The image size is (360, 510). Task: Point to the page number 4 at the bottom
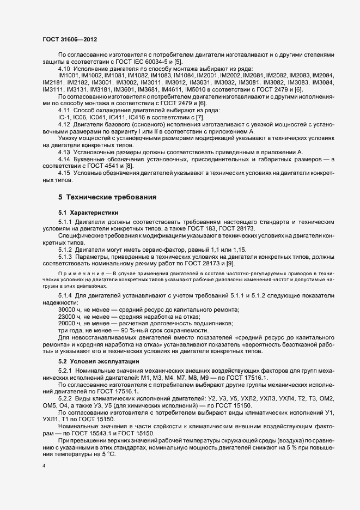pos(44,467)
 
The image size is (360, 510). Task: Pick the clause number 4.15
pos(65,173)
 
